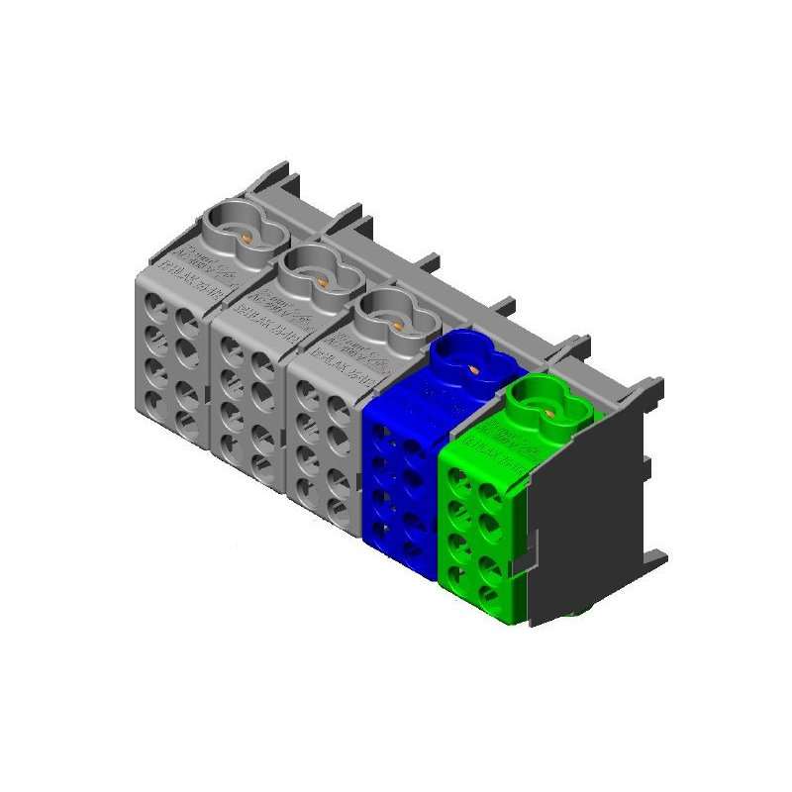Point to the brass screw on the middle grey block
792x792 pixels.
click(322, 281)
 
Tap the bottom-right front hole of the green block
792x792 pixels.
click(488, 594)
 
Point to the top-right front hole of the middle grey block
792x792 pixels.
click(263, 366)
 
